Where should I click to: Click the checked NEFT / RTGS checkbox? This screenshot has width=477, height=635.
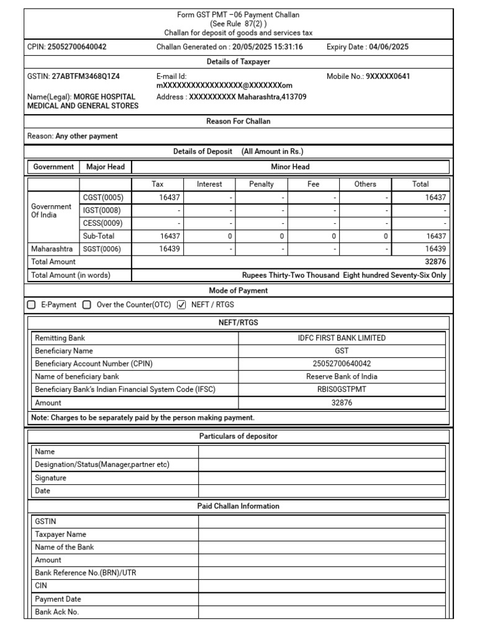[181, 304]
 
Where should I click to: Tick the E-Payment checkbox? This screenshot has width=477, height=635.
[32, 304]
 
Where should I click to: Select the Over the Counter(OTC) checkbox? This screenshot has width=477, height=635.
[87, 304]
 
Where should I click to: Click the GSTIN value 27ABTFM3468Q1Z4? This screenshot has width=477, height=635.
[84, 77]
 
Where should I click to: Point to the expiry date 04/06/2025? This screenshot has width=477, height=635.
[388, 47]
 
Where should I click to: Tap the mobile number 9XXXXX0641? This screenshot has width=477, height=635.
[388, 77]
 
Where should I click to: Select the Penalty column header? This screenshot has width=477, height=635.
[261, 184]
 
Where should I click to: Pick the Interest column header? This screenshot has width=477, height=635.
[209, 184]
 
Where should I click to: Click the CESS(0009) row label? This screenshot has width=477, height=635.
[102, 223]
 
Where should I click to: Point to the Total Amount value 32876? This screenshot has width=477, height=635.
[435, 262]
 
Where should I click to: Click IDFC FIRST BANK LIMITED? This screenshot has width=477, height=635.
[342, 338]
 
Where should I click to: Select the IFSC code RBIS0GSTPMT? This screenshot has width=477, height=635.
[342, 389]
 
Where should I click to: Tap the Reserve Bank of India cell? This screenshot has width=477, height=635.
[342, 376]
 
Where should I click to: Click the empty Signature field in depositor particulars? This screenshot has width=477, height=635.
[322, 478]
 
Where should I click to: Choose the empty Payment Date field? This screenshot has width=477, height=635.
[322, 599]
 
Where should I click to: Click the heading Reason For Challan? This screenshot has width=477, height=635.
[238, 122]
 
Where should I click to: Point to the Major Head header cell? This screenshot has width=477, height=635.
[106, 167]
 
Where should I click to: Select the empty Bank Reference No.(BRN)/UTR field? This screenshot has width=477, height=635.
[322, 573]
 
